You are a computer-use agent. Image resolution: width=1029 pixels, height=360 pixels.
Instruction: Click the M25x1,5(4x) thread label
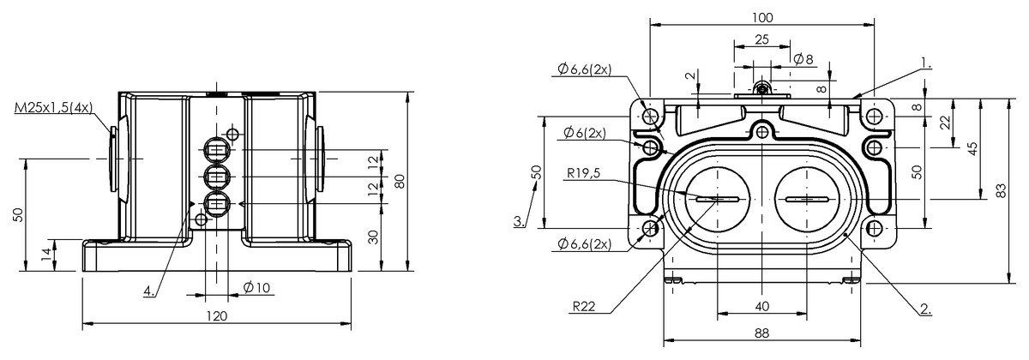53,110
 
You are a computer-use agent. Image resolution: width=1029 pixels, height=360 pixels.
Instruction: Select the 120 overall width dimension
216,316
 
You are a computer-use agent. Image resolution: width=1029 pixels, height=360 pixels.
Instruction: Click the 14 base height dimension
45,255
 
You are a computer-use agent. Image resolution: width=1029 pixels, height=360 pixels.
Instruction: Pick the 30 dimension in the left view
374,237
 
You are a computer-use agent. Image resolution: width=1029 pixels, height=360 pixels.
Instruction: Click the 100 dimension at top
761,18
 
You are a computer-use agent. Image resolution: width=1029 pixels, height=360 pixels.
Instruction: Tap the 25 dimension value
761,39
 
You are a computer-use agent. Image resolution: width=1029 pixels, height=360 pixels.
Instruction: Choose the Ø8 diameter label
803,59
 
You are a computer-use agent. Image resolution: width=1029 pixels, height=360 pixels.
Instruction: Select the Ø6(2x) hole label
586,133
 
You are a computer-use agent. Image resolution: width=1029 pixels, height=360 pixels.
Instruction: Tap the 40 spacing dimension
761,306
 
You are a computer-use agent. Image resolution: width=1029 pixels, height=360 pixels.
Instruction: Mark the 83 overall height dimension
1002,191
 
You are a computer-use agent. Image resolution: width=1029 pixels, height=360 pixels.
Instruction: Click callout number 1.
925,62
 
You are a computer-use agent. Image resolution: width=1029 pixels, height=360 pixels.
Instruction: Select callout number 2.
925,309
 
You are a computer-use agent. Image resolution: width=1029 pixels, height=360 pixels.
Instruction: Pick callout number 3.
518,221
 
